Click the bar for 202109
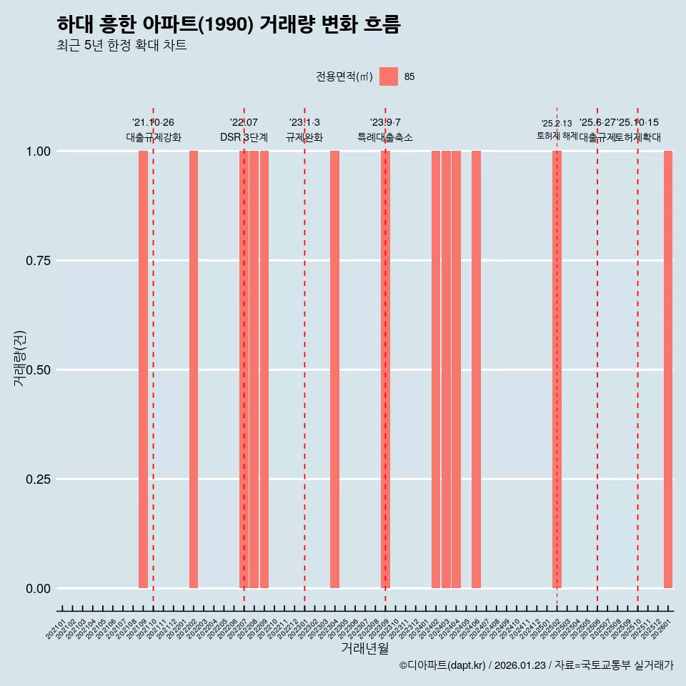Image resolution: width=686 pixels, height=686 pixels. pos(143,369)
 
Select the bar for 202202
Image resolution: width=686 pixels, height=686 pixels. pos(194,369)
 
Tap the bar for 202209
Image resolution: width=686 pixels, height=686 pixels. pos(264,369)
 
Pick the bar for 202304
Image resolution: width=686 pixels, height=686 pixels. pos(334,369)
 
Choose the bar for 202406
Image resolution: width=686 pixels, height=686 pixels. pos(476,369)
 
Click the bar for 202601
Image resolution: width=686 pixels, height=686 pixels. pos(668,369)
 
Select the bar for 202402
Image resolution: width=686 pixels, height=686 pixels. pos(436,369)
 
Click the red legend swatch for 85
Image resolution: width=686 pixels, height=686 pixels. pos(389,76)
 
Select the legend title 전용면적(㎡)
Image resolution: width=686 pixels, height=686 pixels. pos(344,76)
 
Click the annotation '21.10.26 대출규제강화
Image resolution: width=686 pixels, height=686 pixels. pos(154,130)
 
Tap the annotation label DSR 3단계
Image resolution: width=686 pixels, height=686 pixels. pos(244,137)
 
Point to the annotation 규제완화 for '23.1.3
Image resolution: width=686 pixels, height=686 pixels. pos(304,137)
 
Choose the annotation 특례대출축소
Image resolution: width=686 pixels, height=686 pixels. pos(385,137)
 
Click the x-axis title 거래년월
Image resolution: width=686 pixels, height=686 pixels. pos(364,648)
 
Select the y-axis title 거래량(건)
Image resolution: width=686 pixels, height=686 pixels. pos(19,357)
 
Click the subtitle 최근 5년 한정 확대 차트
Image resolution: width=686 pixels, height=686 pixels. pos(121,46)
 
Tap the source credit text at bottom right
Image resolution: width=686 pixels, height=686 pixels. pos(536,665)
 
